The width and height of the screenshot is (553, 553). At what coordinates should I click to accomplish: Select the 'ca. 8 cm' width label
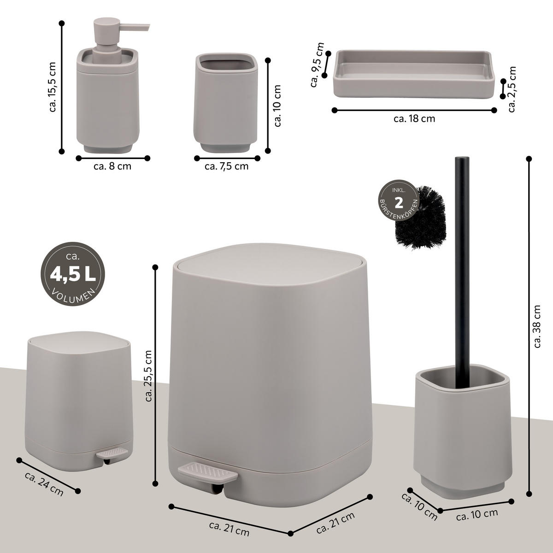(112, 166)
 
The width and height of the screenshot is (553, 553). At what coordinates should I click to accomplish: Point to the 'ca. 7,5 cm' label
(226, 166)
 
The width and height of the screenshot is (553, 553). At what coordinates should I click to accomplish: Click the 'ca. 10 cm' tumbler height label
(277, 105)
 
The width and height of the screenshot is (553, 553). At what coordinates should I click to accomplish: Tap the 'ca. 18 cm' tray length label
(414, 118)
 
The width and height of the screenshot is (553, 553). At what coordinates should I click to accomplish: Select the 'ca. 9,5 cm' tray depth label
(318, 65)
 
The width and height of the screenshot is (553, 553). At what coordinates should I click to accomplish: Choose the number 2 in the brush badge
(399, 202)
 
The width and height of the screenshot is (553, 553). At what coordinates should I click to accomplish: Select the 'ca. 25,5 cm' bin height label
(148, 376)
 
